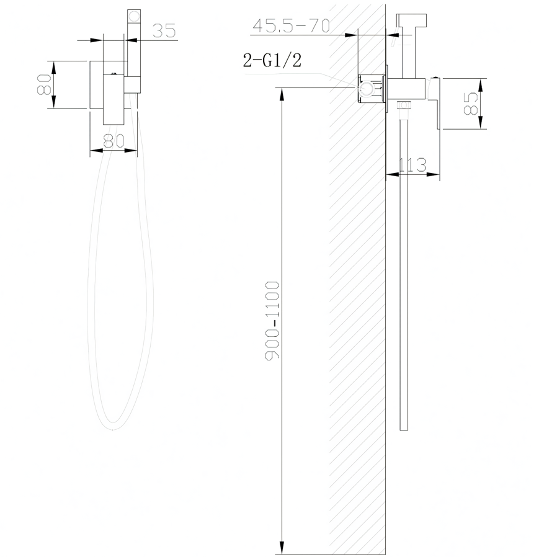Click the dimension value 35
pyautogui.click(x=164, y=30)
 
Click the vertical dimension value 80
pyautogui.click(x=45, y=84)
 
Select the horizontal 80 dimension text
pyautogui.click(x=114, y=141)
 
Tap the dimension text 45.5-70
pyautogui.click(x=292, y=25)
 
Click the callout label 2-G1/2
pyautogui.click(x=272, y=60)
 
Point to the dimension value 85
pyautogui.click(x=471, y=104)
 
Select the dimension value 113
pyautogui.click(x=412, y=165)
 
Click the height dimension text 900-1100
pyautogui.click(x=272, y=320)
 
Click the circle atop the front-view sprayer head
pyautogui.click(x=134, y=16)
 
